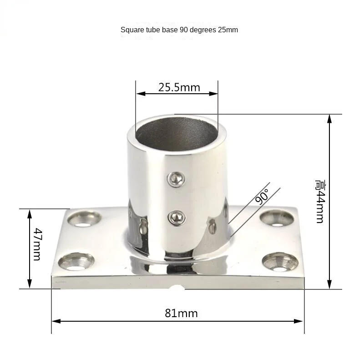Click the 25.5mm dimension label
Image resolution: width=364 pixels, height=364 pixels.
(x=179, y=87)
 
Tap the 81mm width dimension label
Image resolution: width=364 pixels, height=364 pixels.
(x=181, y=313)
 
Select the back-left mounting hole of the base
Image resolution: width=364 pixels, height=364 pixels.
(x=83, y=219)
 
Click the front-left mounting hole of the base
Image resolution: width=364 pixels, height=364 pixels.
(x=76, y=262)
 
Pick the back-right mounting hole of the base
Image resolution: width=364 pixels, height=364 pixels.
(x=277, y=218)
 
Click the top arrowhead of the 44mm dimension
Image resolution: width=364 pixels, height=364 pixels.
(x=330, y=118)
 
